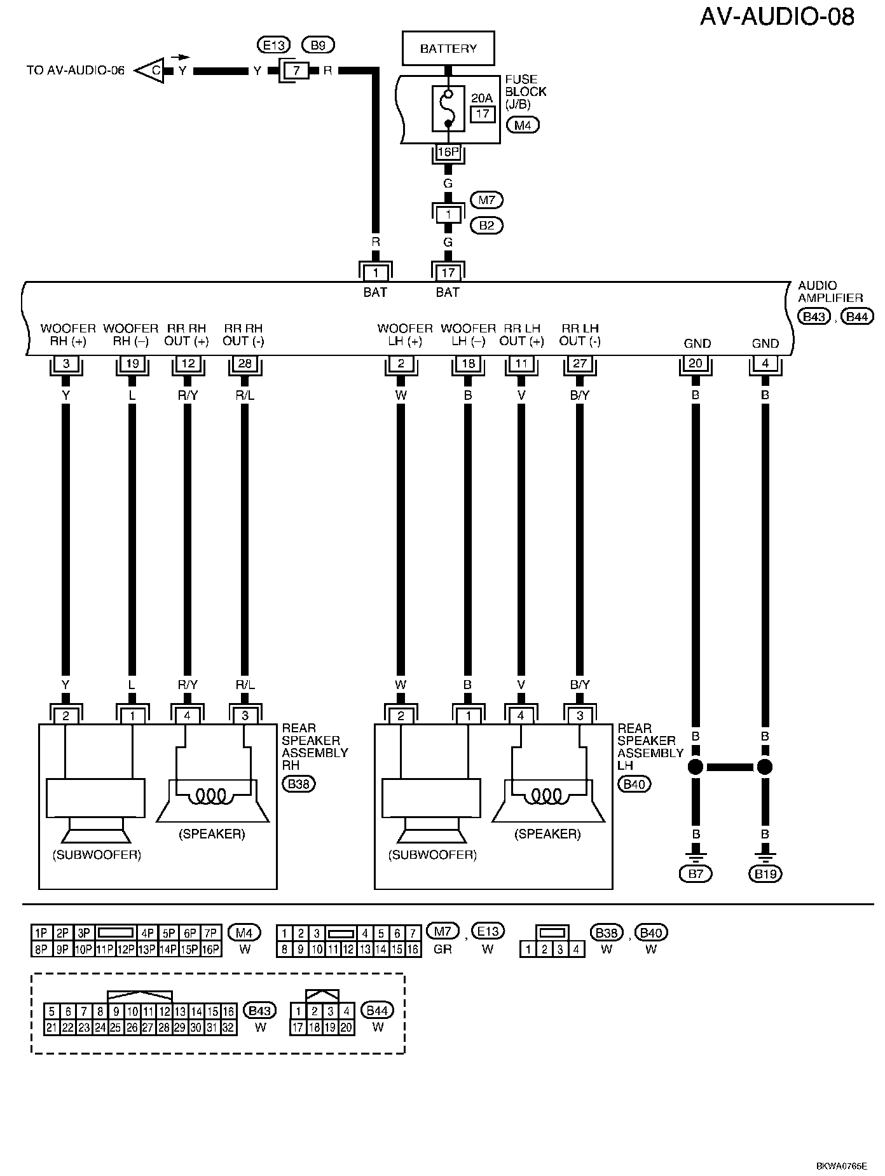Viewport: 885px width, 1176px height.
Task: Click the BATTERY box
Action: tap(448, 48)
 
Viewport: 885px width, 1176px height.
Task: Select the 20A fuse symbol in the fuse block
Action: tap(448, 109)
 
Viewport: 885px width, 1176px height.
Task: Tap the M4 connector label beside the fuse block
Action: tap(523, 125)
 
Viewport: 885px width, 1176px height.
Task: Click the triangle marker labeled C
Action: tap(150, 71)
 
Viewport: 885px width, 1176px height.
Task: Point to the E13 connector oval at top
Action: tap(273, 45)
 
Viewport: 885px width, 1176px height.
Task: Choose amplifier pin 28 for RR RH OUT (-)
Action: tap(245, 364)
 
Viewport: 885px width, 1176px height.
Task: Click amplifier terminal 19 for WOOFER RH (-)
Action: tap(132, 364)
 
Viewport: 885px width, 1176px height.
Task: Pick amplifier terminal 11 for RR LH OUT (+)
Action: tap(521, 364)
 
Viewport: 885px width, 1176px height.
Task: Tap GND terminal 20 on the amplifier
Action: tap(696, 364)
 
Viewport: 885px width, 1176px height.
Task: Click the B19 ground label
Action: tap(765, 874)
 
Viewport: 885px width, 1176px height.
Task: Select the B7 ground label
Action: tap(696, 874)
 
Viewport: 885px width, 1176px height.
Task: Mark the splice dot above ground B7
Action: tap(696, 767)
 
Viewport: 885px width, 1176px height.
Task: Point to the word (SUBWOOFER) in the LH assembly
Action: tap(432, 855)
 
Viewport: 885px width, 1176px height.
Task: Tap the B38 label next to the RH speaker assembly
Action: tap(299, 784)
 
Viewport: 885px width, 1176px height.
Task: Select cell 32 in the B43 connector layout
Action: tap(229, 1027)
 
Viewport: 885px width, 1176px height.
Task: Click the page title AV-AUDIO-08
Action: tap(777, 17)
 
